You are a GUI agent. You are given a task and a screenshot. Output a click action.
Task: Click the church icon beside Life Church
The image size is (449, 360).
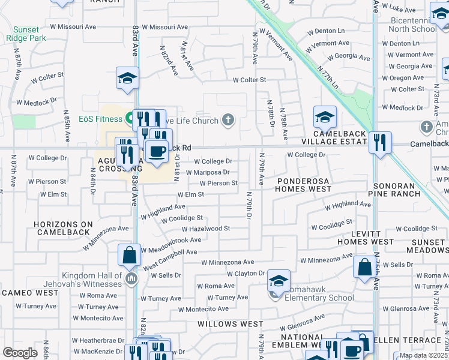point(228,120)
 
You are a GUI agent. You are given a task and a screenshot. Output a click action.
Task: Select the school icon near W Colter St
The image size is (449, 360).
point(127,79)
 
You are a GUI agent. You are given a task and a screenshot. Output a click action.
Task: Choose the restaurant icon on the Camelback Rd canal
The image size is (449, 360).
point(380,142)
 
